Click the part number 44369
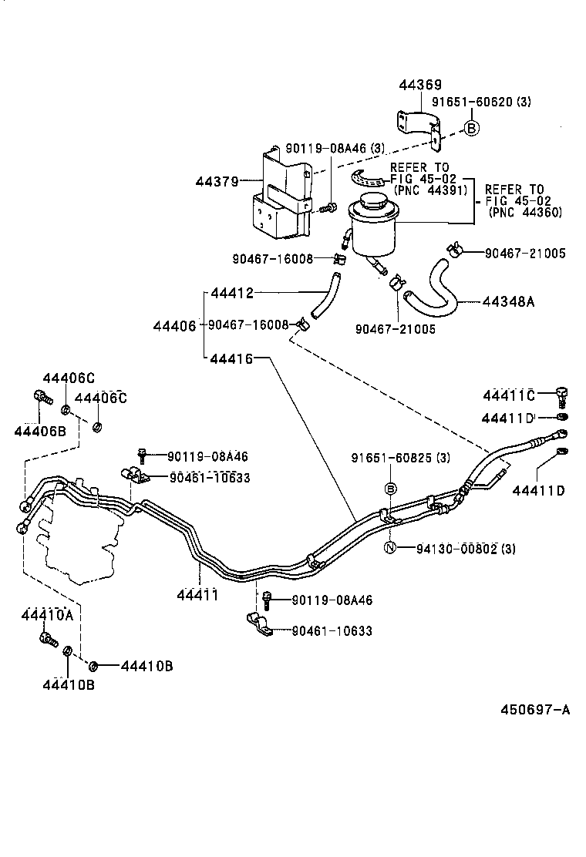click(420, 86)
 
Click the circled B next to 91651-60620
click(471, 129)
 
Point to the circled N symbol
click(390, 549)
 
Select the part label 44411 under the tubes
click(197, 595)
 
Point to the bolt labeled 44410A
click(48, 638)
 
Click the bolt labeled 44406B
click(42, 398)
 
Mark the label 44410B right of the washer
click(146, 666)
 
